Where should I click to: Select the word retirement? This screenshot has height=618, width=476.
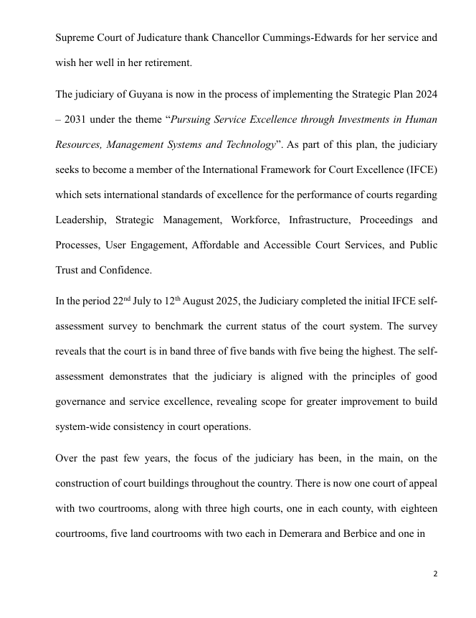coord(168,62)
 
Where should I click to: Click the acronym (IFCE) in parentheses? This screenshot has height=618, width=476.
coord(419,170)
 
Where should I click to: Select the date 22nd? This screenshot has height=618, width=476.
coord(121,301)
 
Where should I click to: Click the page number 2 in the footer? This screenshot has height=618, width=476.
coord(435,574)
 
